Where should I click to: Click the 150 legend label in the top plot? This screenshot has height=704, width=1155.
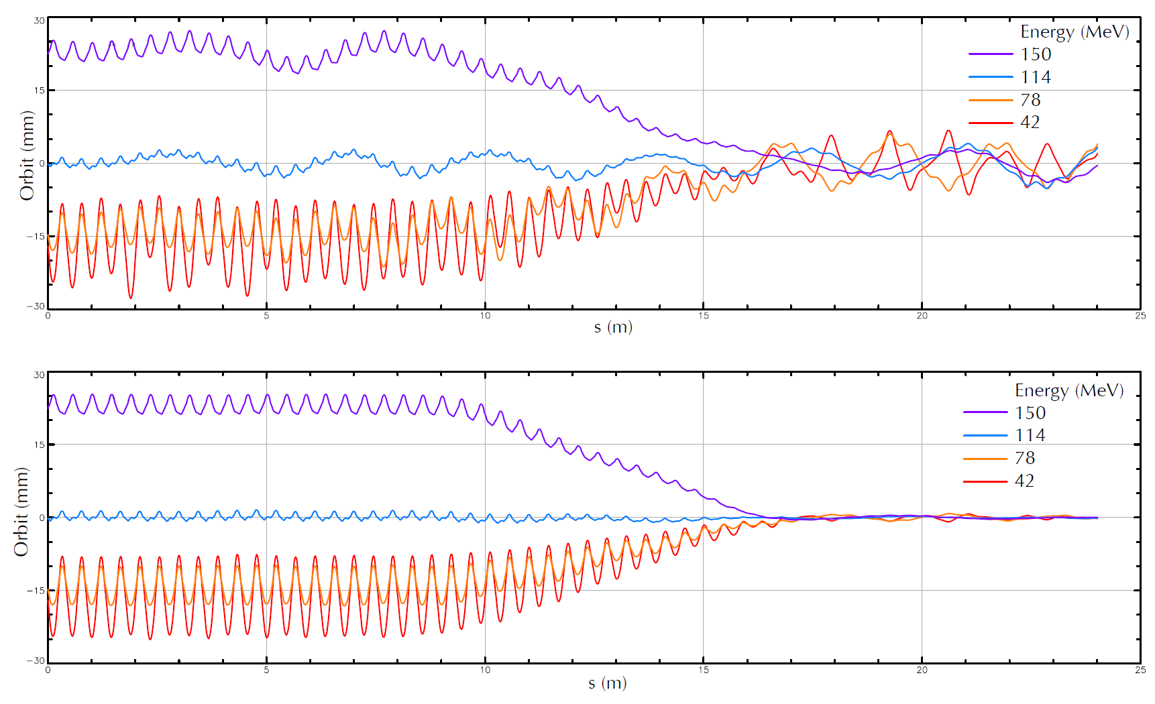click(1036, 54)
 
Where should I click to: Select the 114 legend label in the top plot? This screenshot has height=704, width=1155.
click(1036, 77)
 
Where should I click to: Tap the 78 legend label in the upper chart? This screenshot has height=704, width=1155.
click(1030, 100)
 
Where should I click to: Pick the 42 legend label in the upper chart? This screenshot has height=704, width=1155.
click(1030, 122)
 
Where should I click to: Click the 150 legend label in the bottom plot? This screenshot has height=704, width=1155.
click(1030, 413)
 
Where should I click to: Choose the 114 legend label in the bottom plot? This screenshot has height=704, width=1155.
click(1030, 435)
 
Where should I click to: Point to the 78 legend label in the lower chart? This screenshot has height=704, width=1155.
click(1025, 458)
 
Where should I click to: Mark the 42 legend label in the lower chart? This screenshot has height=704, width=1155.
click(1024, 481)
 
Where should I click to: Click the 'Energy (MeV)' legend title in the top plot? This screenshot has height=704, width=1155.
click(1075, 32)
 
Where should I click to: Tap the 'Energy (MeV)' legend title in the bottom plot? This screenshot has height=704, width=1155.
click(1069, 391)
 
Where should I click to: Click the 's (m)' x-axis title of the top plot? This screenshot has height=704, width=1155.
click(613, 327)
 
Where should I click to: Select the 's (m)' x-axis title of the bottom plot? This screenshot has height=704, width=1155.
click(608, 683)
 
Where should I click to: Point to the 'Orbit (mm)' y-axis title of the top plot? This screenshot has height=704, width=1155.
click(27, 156)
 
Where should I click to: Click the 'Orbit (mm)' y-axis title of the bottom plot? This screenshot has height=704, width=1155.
click(21, 512)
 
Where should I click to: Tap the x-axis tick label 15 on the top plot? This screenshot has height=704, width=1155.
click(703, 316)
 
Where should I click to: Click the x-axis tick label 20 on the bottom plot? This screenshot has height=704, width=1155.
click(922, 670)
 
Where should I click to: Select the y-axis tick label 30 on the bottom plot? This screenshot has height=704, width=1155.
click(39, 375)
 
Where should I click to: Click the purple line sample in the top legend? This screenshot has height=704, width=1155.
click(991, 54)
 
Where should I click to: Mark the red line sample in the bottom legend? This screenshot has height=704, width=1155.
click(985, 481)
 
